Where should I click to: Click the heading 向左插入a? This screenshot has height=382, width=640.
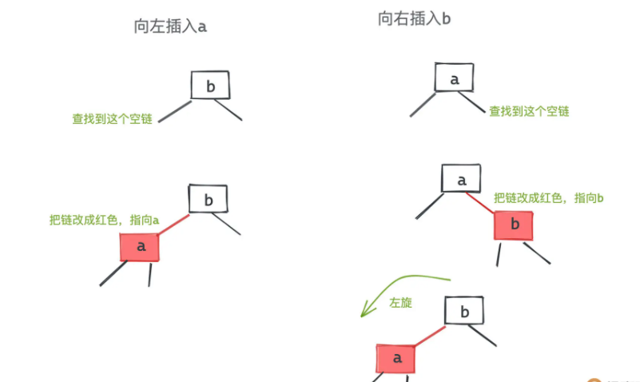170,26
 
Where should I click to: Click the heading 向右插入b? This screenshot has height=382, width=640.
414,18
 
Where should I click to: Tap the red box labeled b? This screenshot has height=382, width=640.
514,225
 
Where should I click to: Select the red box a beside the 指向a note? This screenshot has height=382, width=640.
140,247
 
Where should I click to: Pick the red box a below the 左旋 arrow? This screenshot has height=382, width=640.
396,358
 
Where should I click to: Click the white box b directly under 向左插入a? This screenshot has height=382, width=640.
210,85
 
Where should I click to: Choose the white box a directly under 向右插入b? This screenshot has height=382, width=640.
455,78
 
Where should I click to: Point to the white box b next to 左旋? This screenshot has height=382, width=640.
464,311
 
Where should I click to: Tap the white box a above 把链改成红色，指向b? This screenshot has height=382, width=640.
461,178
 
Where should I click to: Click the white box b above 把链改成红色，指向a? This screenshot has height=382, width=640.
209,199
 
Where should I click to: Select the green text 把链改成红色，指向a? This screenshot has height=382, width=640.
104,220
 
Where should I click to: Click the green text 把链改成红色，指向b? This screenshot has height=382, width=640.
549,198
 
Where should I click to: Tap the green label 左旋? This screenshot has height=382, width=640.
400,302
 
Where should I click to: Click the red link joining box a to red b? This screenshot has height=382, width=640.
480,203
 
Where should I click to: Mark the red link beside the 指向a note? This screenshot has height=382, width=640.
174,225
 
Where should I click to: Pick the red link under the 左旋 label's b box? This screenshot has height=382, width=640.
430,336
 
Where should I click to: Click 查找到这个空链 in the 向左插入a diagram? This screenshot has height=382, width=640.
112,119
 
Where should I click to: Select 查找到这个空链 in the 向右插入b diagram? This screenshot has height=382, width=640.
529,111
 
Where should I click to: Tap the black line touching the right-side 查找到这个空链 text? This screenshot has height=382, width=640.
471,101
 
